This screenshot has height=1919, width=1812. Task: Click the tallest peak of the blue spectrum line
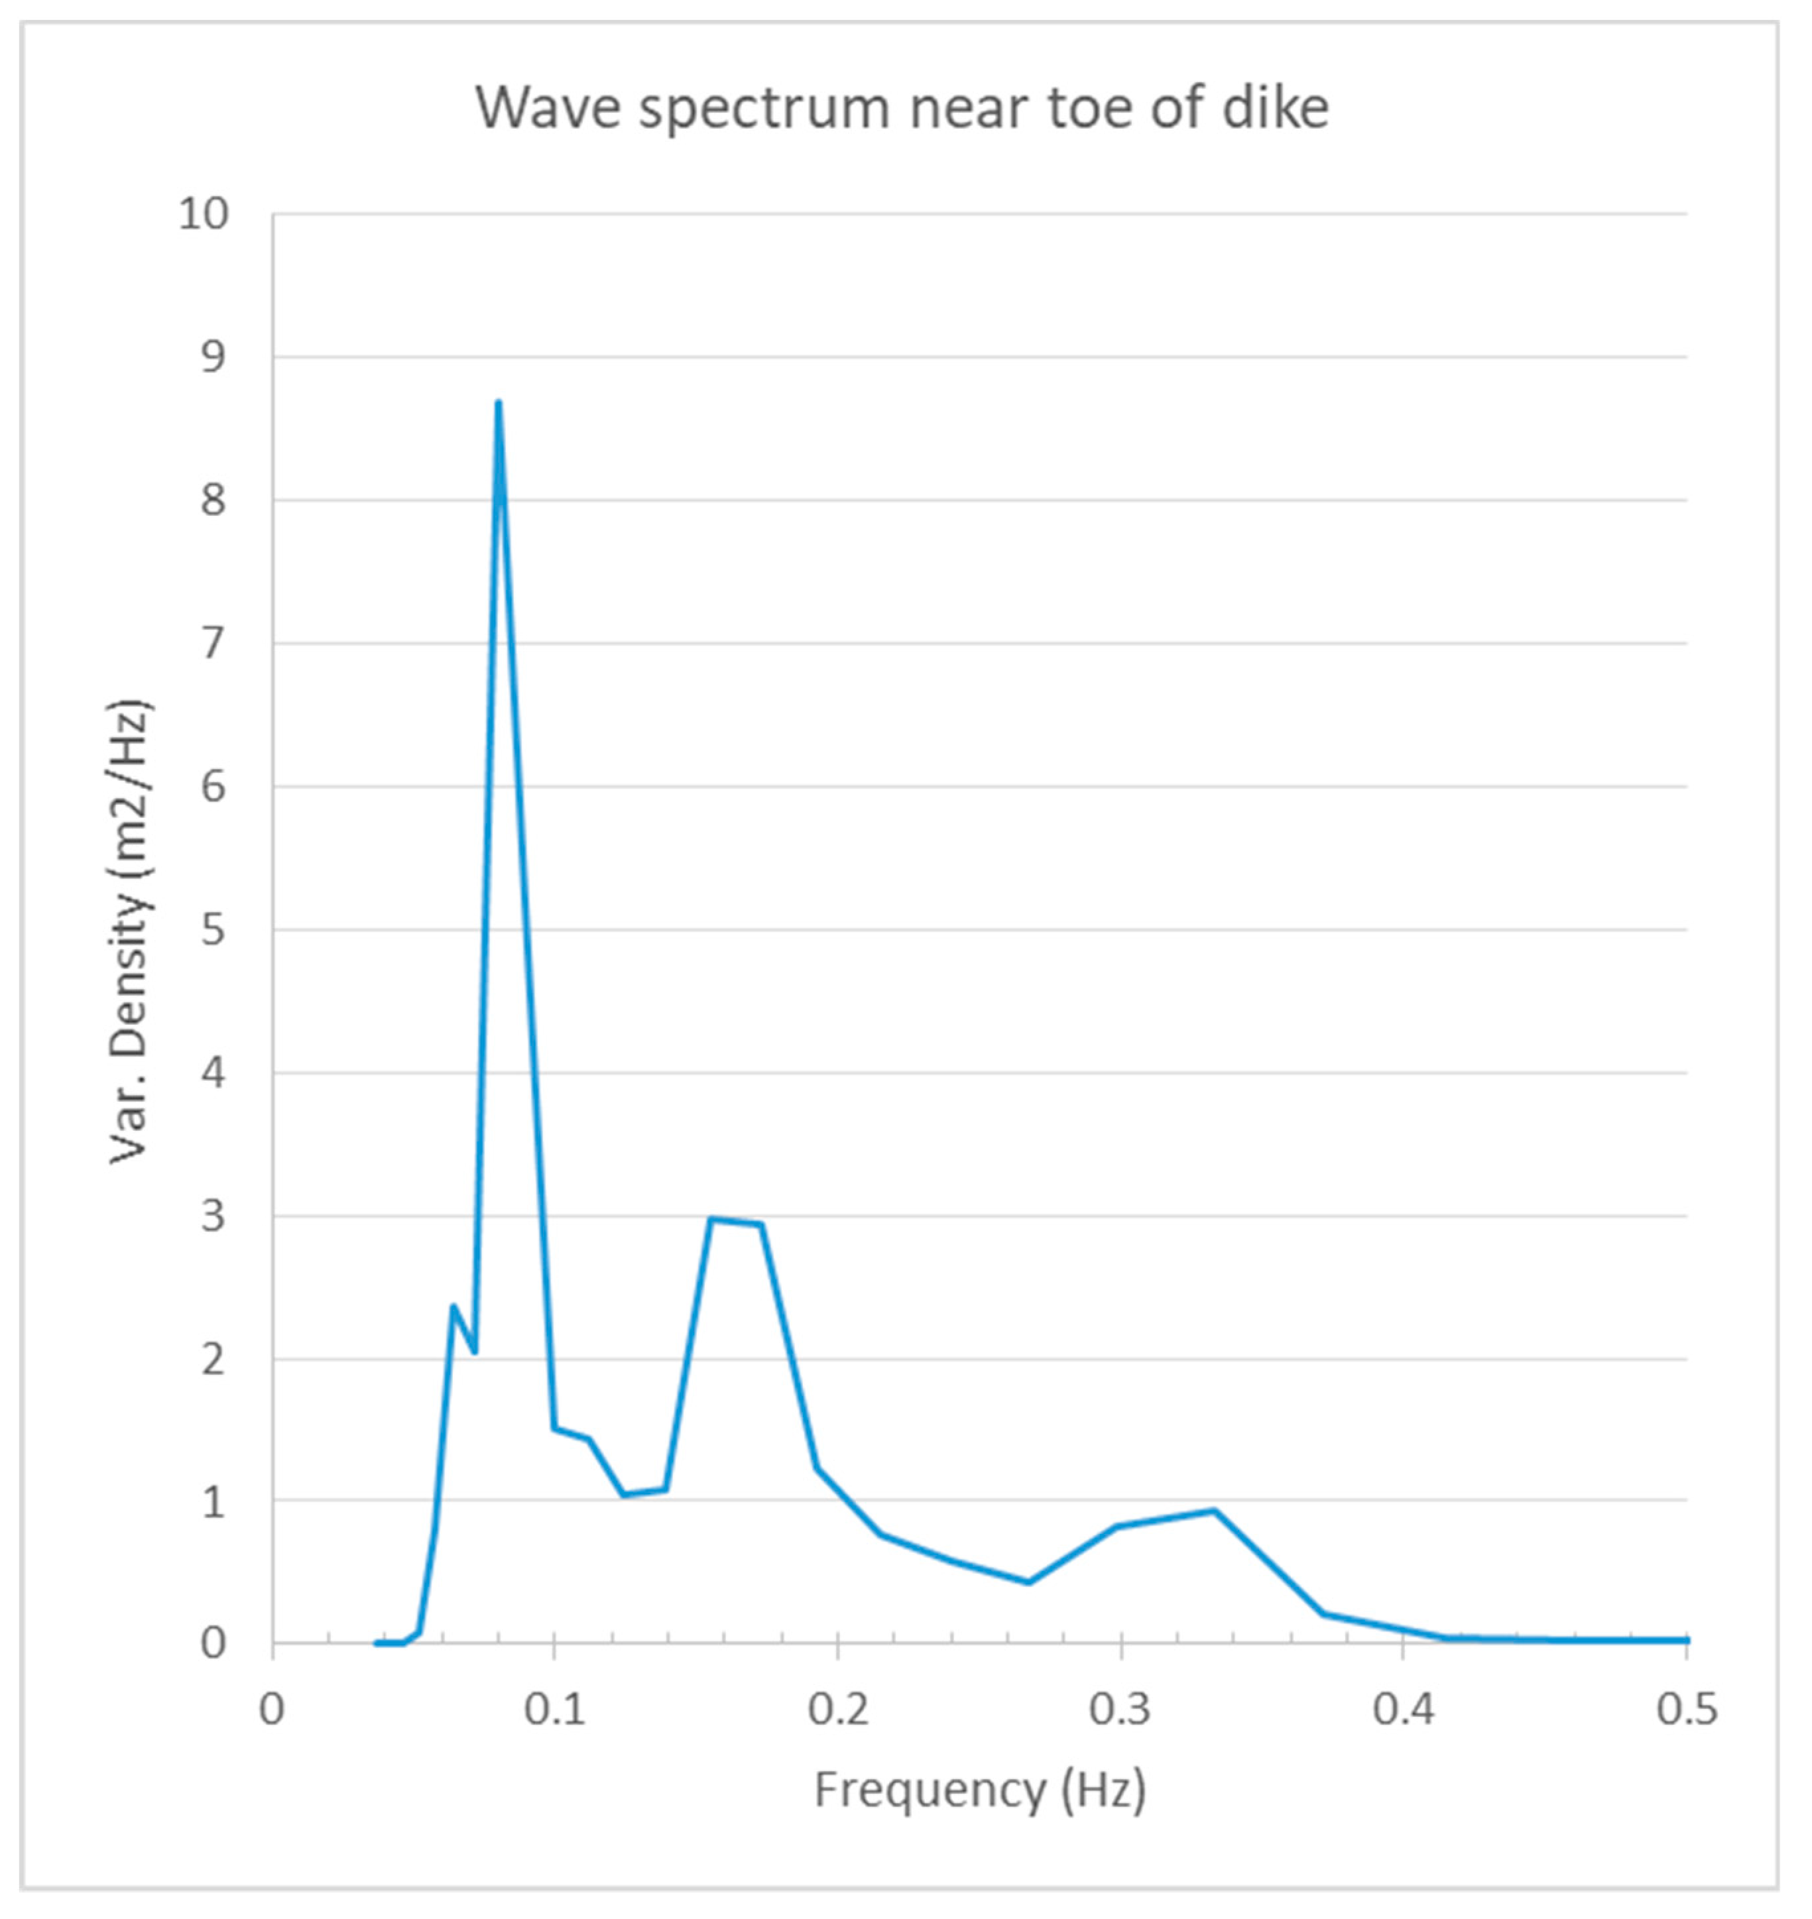499,403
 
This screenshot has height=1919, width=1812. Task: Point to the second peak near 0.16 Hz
712,1219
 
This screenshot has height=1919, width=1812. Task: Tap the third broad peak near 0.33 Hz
1214,1511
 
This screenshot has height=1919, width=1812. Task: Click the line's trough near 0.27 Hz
1029,1582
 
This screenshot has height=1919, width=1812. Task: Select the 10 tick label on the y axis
204,214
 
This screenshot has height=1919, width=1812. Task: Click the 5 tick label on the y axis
213,930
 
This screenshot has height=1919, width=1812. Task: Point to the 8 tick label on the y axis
213,500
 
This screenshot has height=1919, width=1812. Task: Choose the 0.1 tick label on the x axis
554,1708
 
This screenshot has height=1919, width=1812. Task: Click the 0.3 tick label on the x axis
1120,1708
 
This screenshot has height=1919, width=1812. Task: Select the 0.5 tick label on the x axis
1687,1708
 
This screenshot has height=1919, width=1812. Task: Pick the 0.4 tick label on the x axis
1404,1708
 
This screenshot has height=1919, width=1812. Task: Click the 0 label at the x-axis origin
272,1708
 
